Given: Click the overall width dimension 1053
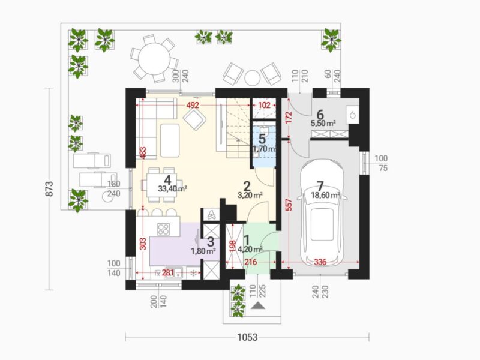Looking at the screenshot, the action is point(247,337).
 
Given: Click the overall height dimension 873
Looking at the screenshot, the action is point(49,189).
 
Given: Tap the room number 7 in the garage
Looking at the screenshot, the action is point(320,186).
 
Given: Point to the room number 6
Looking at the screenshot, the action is point(320,115).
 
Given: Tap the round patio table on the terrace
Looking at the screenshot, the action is point(154,58).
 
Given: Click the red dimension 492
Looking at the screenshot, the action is point(193,106).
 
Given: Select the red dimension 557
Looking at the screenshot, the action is point(288,205).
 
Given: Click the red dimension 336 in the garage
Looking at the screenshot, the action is point(320,262).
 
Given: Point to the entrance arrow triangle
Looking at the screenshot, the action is point(257,305).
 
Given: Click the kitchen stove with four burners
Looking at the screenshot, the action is point(163,229).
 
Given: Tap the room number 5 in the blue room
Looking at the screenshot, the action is point(262,139).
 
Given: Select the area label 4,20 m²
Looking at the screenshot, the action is point(250,250).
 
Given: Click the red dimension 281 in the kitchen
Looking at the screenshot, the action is point(168,273).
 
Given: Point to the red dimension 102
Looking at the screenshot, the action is point(264,106).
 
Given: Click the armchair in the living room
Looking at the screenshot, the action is point(194,120).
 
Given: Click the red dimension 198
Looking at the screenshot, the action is point(233,247).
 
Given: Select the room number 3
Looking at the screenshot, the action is point(211,242).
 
